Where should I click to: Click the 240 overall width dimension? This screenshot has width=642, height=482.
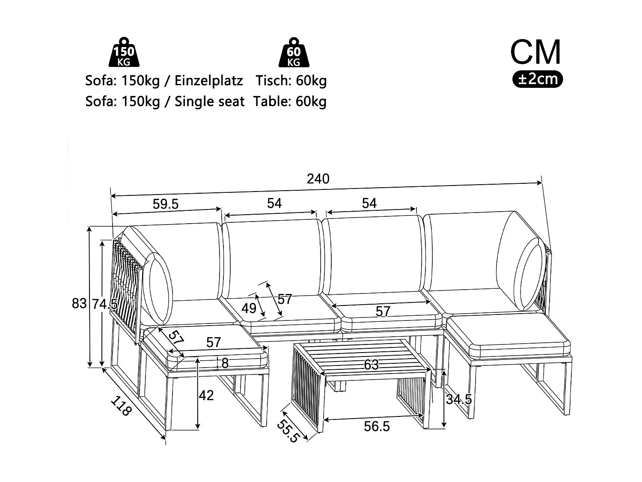click(318, 179)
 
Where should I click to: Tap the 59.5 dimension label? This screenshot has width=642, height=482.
click(166, 204)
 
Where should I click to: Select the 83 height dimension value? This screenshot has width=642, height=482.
click(79, 304)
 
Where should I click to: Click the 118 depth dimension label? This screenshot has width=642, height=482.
click(120, 406)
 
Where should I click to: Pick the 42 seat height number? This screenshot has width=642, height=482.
click(206, 395)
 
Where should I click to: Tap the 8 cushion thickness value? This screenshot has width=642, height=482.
click(225, 363)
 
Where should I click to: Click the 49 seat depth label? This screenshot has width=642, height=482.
click(249, 308)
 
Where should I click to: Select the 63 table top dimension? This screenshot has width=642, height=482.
click(371, 365)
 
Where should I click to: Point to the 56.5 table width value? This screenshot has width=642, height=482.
click(377, 426)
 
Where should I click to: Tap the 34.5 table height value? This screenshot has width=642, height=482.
click(458, 400)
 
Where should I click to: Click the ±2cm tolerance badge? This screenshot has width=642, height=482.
click(538, 79)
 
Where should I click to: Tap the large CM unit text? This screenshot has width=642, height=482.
click(535, 52)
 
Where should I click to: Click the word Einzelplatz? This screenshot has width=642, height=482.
click(208, 81)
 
